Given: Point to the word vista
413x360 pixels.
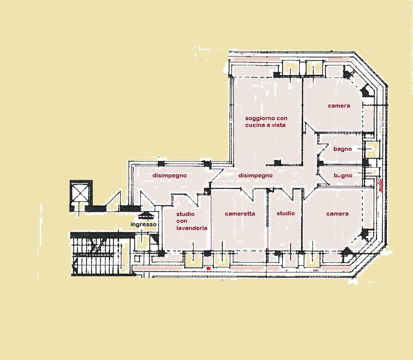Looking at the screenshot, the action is coord(278,125).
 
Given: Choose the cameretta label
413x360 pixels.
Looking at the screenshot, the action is coord(240,214).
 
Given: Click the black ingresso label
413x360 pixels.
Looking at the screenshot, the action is coord(143,224).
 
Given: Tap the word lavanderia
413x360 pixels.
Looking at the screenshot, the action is coord(192,228).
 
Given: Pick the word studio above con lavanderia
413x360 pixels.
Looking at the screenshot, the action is coord(185,214).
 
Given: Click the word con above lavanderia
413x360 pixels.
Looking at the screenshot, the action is coord(182,221).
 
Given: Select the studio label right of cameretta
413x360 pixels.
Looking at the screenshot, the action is coord(286,213).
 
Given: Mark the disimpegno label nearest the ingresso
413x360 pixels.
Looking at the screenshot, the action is coord(170,176).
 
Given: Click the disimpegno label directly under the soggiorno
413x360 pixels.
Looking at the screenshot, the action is coord(256,176).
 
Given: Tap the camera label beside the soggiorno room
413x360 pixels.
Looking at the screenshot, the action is coord(339,106).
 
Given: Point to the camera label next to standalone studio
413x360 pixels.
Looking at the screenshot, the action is coord(337,214).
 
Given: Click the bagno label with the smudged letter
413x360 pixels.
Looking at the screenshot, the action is coord(343,176).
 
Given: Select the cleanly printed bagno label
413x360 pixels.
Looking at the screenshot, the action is coord(343,149).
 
